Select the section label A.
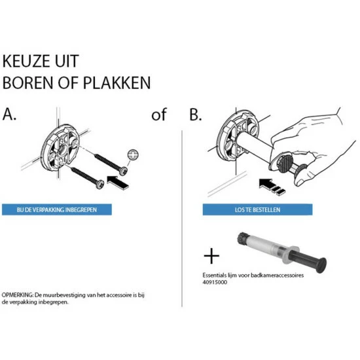[10, 115]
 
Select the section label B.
[195, 115]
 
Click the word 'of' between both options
[159, 115]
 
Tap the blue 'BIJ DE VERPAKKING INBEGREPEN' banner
[57, 210]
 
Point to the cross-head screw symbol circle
[133, 154]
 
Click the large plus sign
[212, 255]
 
